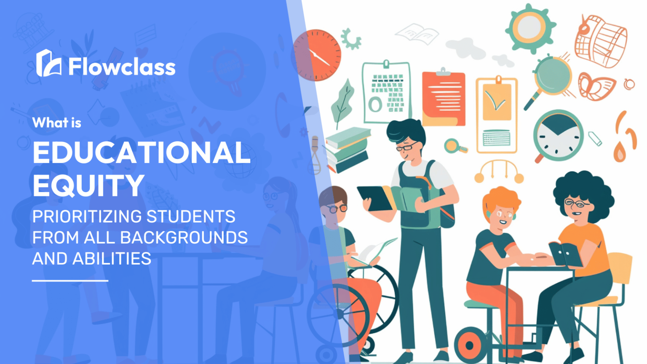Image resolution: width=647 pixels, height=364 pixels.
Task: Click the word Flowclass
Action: (122, 67)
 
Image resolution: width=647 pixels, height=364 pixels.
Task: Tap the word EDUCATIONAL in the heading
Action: (142, 153)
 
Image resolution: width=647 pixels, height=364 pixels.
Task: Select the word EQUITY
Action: (88, 185)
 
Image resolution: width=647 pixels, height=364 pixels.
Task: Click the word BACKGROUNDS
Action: (184, 238)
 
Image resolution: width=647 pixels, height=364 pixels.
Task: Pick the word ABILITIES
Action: (112, 258)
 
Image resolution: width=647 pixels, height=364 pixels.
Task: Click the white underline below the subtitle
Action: (70, 281)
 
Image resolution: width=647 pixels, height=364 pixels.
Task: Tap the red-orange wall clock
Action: (317, 55)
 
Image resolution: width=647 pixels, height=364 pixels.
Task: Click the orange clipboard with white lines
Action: (444, 98)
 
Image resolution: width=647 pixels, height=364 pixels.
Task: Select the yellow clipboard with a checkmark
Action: (497, 115)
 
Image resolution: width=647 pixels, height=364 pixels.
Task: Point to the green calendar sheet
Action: (387, 92)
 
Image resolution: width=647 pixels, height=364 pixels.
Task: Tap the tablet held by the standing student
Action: (374, 198)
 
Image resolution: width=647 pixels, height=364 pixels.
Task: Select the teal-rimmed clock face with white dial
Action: (558, 136)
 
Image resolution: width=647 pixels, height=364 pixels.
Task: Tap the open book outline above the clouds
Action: (417, 34)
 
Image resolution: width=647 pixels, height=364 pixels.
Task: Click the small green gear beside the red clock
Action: (351, 39)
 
